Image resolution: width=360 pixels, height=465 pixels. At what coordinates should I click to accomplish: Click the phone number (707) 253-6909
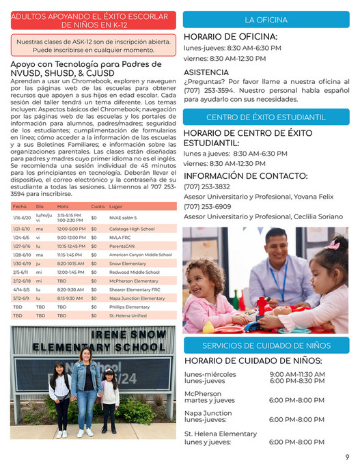point(207,206)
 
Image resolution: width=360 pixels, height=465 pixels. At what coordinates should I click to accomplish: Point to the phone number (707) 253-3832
point(207,186)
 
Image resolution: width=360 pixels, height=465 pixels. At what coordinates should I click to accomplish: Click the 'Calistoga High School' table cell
point(132,229)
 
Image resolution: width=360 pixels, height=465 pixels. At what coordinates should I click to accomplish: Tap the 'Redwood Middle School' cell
point(134,272)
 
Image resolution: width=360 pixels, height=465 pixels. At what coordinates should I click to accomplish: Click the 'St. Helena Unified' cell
point(129,315)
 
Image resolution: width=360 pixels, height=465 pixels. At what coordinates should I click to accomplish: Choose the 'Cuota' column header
point(98,206)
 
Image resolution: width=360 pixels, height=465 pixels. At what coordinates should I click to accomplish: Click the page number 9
point(347,456)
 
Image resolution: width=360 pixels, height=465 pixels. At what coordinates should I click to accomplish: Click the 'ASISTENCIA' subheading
point(206,72)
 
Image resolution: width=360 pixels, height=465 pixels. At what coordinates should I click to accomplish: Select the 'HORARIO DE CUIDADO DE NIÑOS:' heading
point(253,361)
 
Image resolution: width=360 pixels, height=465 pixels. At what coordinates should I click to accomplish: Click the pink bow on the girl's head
point(333,244)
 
